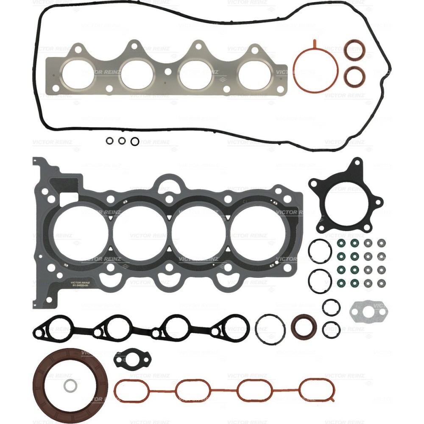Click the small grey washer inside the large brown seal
coord(70,386)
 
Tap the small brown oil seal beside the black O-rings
coord(303,326)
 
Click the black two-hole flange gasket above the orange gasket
coord(132,359)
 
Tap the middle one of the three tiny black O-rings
coord(122,141)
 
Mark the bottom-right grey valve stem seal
coord(381,283)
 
